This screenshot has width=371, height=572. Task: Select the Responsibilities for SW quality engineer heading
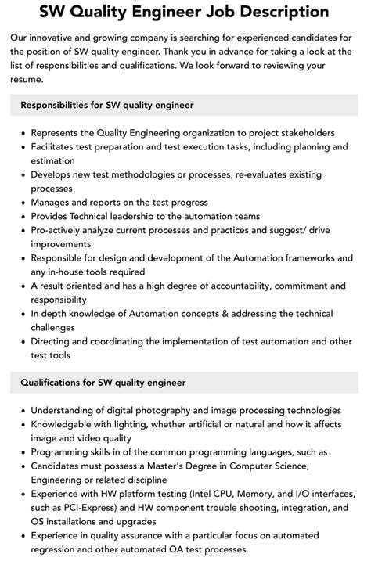(x=107, y=105)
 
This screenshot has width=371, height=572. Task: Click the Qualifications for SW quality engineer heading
(x=103, y=383)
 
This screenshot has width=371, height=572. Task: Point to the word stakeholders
(x=304, y=133)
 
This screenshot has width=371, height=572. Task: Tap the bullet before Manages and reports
(x=23, y=203)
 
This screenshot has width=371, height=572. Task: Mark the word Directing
(x=53, y=341)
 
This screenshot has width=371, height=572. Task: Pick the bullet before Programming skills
(x=23, y=452)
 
